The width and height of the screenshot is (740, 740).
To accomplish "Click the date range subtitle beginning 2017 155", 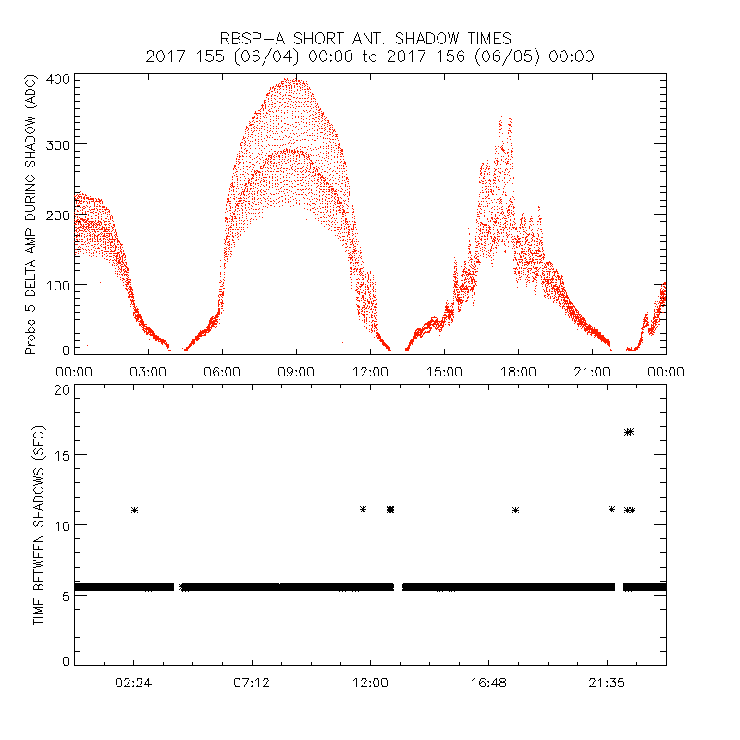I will [370, 56].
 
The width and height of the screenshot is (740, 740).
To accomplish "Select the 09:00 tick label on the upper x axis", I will [296, 370].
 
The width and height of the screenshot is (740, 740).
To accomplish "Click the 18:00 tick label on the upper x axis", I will [518, 370].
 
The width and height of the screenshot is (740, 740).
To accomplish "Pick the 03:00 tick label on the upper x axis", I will [148, 370].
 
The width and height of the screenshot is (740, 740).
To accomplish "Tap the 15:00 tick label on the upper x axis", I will [444, 370].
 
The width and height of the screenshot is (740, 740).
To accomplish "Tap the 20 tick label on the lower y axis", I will [62, 389].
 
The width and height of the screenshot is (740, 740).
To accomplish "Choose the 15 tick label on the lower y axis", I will [62, 455].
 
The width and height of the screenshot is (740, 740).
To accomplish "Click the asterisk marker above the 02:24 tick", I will [134, 510].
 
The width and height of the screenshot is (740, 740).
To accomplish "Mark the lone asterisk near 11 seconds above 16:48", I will [516, 510].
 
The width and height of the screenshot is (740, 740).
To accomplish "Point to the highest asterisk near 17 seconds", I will [629, 432].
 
